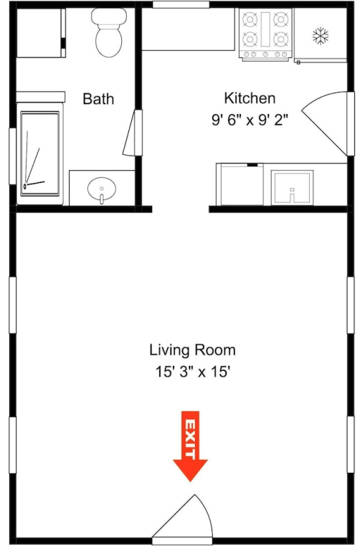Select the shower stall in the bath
coord(39,154)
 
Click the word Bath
coord(98,99)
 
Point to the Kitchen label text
coord(250,98)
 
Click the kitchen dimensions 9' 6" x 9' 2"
coord(250,121)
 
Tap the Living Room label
coord(192,350)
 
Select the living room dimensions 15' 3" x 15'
coord(193,372)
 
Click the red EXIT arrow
coord(190,446)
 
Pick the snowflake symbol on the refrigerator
coord(321,36)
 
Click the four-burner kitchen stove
coord(265,34)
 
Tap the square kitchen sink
coord(292,188)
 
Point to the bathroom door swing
coord(133,133)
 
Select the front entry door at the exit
coord(183,520)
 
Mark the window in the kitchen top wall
coord(181,4)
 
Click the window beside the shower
coord(13,156)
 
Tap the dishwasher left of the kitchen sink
coord(240,184)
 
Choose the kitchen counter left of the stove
coord(188,29)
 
